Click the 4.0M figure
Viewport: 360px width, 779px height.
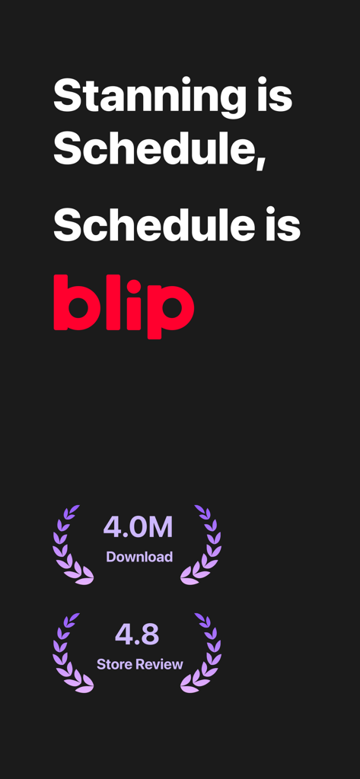(x=139, y=526)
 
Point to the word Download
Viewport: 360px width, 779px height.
(x=139, y=557)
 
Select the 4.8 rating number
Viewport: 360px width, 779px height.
(x=138, y=634)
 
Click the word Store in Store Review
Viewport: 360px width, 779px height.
(x=113, y=664)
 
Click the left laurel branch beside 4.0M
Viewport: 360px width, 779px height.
(x=70, y=545)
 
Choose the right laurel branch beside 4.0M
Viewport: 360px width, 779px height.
(x=203, y=545)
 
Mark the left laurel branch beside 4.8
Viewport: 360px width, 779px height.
(x=70, y=653)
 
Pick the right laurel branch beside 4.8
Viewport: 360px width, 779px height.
(x=203, y=653)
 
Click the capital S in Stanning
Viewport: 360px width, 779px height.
(x=67, y=97)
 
